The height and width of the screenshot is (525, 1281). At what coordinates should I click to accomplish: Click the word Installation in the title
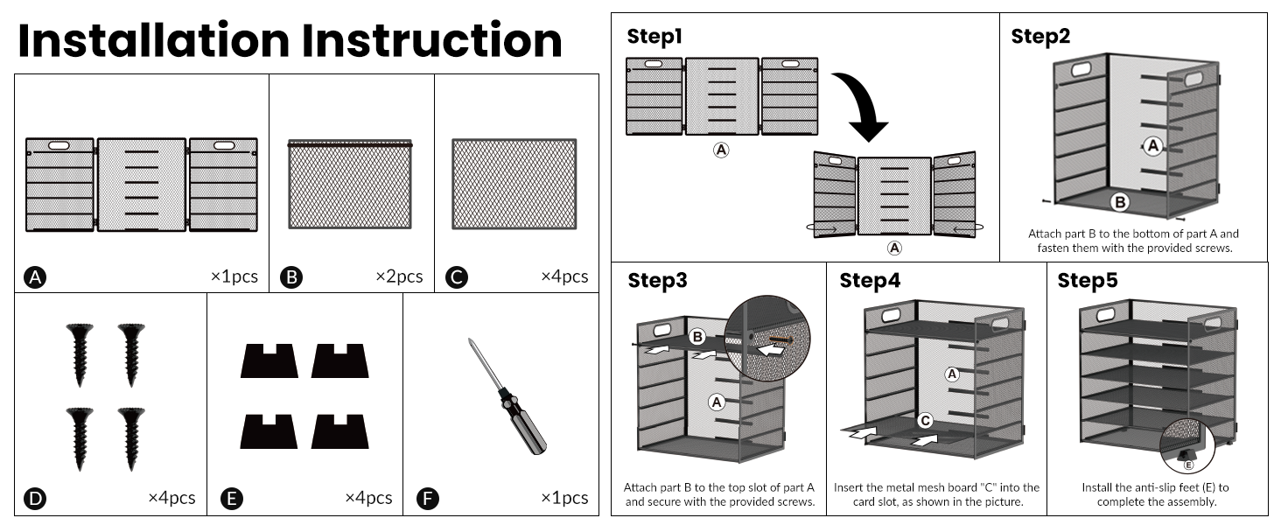154,41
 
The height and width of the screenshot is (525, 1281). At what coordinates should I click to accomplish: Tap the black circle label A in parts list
35,277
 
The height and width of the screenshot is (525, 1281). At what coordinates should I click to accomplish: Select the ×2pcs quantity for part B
399,276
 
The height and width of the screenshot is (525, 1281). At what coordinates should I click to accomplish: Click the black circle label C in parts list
456,277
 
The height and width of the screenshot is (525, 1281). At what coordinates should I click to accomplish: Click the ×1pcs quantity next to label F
564,498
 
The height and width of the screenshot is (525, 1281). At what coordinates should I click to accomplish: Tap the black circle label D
35,499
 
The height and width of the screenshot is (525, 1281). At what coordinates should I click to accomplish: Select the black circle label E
231,499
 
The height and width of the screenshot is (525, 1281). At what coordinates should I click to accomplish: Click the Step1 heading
654,37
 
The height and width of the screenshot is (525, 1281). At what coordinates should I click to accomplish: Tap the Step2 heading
1040,37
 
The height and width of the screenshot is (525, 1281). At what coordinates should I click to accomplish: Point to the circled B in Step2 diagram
1120,202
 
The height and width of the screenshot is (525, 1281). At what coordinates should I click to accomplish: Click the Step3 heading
657,281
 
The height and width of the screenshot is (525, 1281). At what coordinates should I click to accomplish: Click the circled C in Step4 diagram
925,420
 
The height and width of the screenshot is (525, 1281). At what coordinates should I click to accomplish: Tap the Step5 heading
1088,281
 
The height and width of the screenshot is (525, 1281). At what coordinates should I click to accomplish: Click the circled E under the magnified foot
1188,465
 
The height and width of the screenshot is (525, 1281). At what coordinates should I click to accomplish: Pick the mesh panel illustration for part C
514,184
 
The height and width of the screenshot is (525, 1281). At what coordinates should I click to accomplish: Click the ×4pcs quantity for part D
171,498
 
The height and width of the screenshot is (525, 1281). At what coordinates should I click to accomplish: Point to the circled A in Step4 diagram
953,374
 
